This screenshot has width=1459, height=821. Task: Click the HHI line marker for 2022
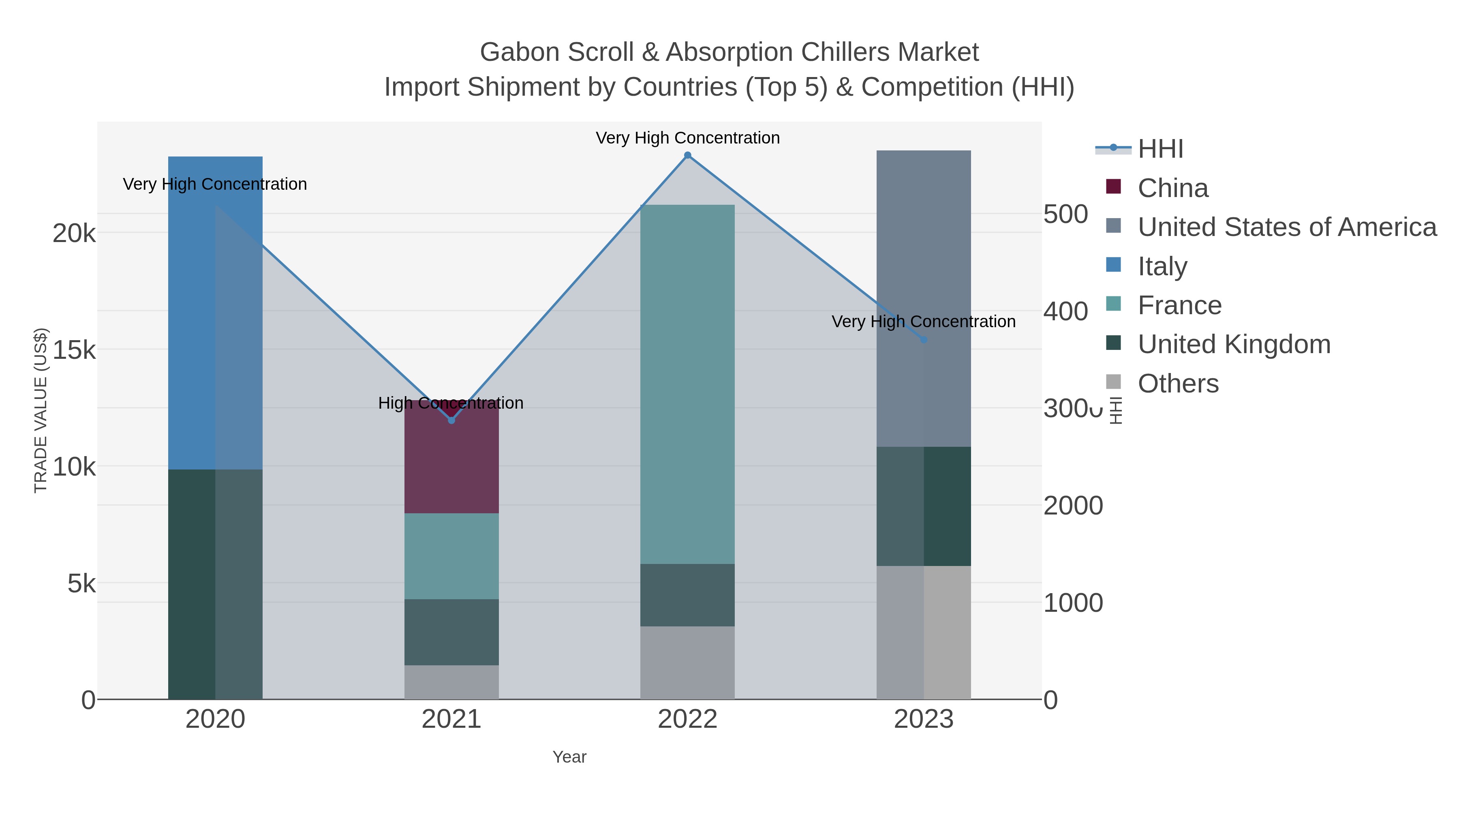688,155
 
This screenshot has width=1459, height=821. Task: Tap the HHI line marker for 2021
451,420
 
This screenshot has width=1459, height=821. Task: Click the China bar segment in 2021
451,465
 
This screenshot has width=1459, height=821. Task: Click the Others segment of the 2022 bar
688,662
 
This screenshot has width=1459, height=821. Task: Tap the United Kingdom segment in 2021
451,632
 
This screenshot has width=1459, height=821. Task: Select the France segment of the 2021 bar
451,556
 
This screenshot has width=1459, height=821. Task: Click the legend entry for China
1172,188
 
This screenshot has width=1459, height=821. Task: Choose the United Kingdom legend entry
1234,345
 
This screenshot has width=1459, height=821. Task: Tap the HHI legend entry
1160,149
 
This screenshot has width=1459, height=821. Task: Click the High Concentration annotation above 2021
451,403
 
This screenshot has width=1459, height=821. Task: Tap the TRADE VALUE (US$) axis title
41,410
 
